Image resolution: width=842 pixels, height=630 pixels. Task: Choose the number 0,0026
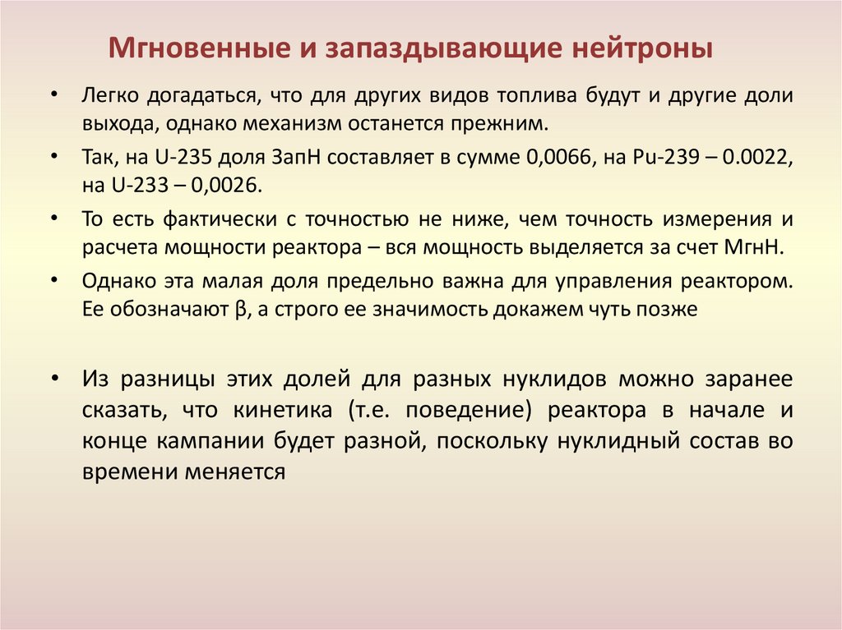click(x=226, y=186)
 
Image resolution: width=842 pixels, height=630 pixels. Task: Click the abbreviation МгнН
click(x=755, y=248)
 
